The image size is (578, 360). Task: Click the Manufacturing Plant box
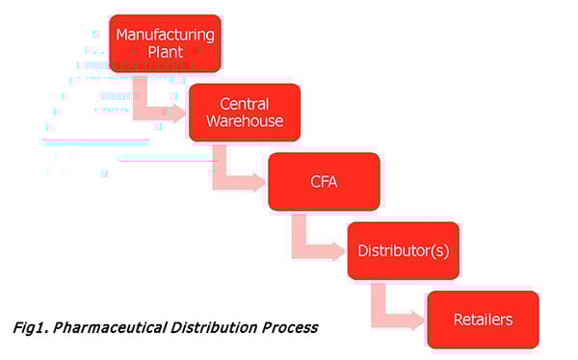coord(165,43)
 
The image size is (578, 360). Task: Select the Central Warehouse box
coord(244,113)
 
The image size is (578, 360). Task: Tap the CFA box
coord(323,182)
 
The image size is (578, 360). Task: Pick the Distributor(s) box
coord(404,250)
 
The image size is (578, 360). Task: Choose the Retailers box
coord(483,320)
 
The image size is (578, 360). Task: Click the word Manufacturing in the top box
coord(165,35)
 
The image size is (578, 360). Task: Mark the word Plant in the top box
coord(165,53)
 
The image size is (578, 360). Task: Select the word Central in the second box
coord(244,104)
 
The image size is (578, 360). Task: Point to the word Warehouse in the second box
coord(244,122)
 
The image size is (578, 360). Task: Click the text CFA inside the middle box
coord(323,182)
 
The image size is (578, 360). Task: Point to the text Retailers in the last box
coord(483,320)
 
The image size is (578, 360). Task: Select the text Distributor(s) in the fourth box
coord(404,250)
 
